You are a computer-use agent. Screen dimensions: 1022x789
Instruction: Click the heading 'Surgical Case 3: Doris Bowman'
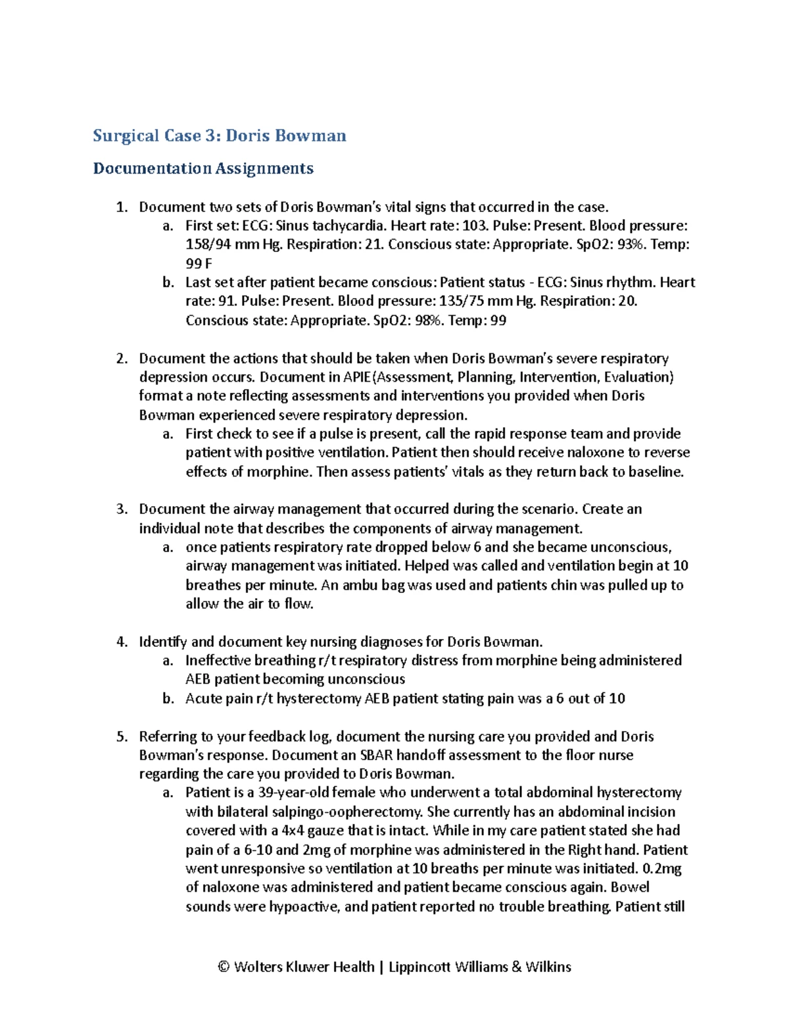219,136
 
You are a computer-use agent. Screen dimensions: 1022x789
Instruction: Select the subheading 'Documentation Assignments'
203,168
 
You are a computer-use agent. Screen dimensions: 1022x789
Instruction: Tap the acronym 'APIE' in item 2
357,377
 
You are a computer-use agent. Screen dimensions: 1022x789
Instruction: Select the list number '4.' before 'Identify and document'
122,642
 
